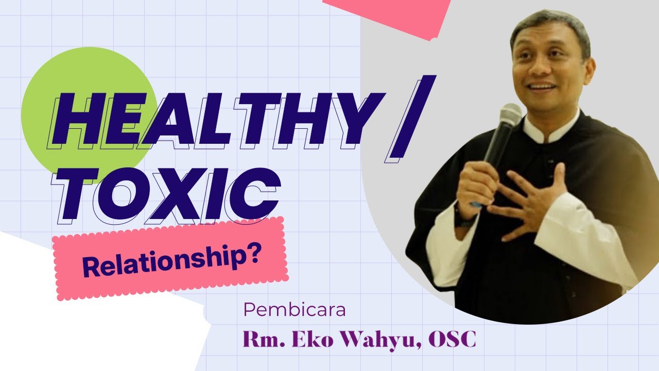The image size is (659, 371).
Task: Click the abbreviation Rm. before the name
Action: [x=262, y=340]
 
